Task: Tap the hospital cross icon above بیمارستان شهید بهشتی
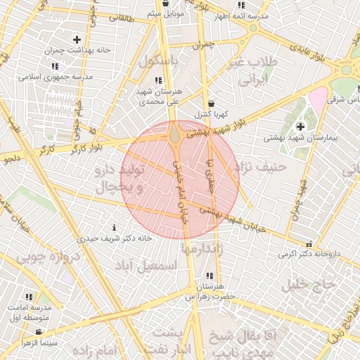[300, 127]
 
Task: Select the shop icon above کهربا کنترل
[212, 103]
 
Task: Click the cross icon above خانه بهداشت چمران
[77, 40]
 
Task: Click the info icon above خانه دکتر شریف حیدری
[115, 228]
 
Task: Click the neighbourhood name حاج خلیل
[306, 285]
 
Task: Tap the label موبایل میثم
[165, 13]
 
